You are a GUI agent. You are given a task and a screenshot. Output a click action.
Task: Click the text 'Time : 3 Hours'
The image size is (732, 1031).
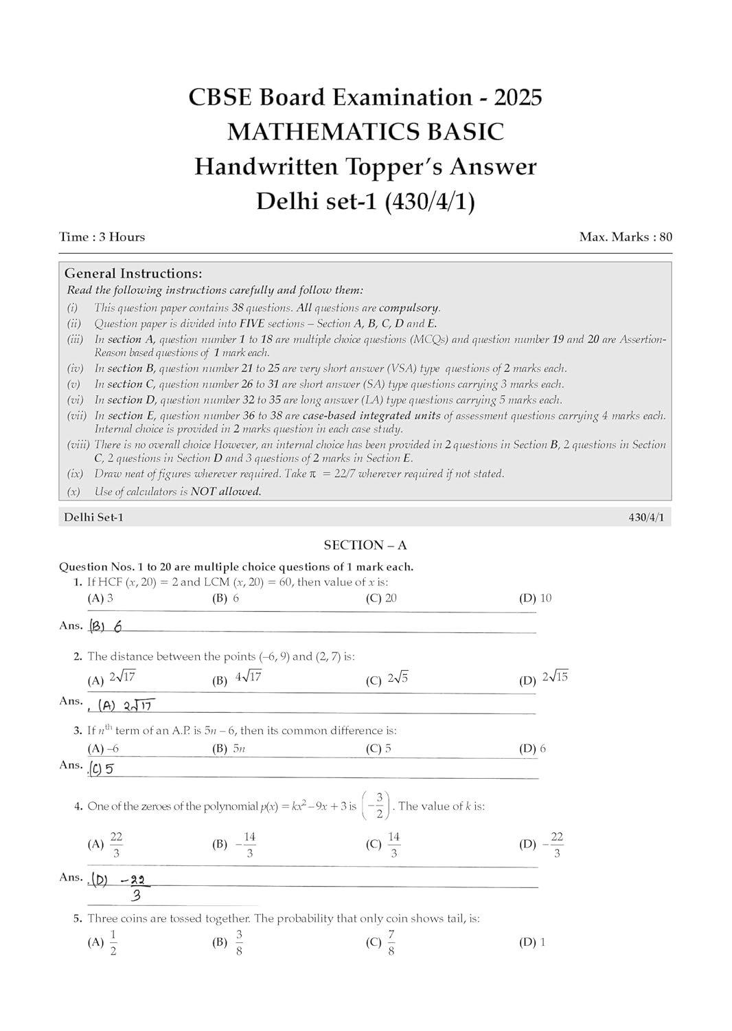[x=102, y=237]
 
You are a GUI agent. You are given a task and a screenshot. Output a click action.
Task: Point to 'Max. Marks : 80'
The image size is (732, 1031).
[x=626, y=237]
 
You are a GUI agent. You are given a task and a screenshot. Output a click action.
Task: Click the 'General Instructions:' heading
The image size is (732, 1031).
[x=133, y=274]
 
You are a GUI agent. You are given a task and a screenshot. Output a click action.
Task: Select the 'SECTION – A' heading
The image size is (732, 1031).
[x=365, y=545]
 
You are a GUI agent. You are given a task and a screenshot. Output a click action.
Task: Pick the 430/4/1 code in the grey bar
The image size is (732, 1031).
[x=646, y=517]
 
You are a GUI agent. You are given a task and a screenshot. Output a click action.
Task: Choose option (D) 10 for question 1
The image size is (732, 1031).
[x=536, y=598]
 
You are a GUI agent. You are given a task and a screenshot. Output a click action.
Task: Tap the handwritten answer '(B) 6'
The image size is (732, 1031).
[x=106, y=626]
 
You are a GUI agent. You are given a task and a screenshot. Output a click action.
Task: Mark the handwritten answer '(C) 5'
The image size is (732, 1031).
[x=102, y=769]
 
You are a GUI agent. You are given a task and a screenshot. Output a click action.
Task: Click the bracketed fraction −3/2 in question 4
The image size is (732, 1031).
[x=378, y=806]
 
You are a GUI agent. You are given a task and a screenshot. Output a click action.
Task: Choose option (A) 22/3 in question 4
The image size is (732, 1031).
[x=106, y=844]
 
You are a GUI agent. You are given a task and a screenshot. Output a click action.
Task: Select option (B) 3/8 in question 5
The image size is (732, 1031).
[x=229, y=942]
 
